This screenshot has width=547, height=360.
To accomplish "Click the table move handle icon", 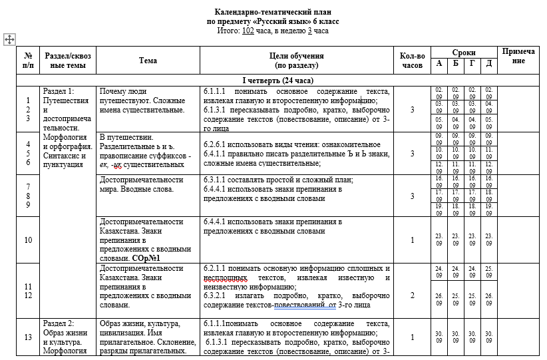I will point(9,39).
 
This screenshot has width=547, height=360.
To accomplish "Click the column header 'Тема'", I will point(148,61).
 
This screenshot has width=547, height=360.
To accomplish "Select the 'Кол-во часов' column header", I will point(412,61).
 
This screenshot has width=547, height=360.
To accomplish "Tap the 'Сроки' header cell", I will point(464,52).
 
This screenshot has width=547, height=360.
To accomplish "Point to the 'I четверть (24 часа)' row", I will point(277,80).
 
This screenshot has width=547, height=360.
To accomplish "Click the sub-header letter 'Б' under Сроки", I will point(456,63).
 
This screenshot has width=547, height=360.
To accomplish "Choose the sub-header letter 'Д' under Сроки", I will point(489,63).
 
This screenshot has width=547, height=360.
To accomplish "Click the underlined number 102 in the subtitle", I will point(247,31).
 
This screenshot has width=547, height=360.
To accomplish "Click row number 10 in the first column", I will point(28,240).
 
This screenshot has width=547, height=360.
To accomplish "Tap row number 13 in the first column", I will point(28,337).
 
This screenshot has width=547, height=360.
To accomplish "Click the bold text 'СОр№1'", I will point(150,257).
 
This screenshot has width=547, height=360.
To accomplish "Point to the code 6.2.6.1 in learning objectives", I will point(217,144).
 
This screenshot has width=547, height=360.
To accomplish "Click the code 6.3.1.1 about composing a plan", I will point(217,180).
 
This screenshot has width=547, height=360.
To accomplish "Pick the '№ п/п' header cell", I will point(28,61).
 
